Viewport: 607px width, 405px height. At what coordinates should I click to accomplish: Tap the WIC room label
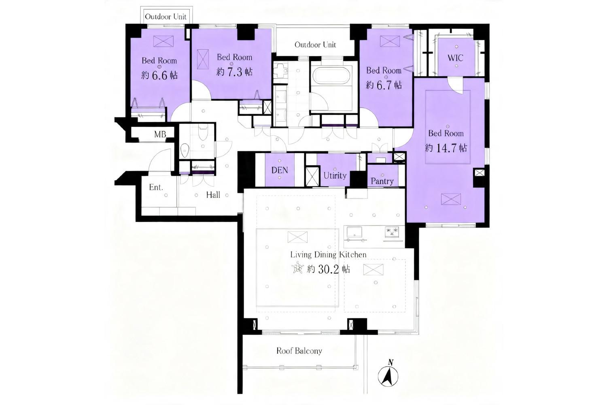455,58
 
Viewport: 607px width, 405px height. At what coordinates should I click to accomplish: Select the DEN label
280,171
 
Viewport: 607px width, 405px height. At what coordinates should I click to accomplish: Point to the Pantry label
382,181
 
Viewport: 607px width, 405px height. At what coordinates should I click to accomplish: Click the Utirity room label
335,175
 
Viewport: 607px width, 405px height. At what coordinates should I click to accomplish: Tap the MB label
160,134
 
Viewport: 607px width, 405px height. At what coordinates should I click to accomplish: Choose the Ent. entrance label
156,187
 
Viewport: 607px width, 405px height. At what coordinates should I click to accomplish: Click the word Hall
213,195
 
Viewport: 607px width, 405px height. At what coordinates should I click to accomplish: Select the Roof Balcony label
299,351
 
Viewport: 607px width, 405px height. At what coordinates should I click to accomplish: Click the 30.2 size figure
329,269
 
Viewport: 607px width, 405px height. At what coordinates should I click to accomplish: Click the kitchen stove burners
392,232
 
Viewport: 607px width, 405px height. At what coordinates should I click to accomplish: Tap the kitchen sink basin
354,232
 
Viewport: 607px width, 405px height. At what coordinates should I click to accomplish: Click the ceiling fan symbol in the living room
298,269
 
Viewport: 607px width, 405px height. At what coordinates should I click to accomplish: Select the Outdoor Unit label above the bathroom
315,45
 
